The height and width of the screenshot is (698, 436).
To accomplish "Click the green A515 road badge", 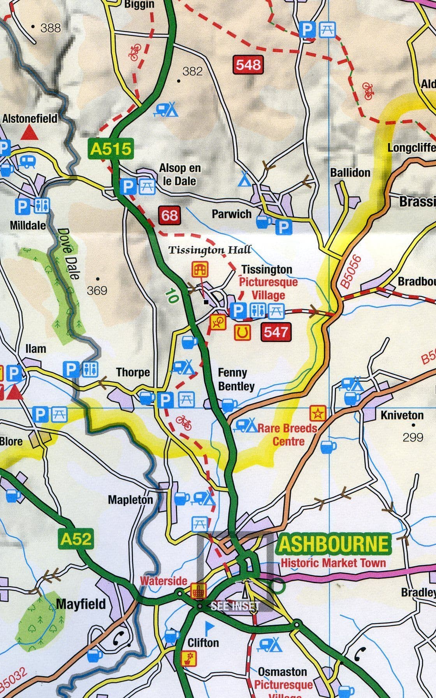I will tap(111, 148).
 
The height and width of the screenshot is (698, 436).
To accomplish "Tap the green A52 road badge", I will tap(76, 539).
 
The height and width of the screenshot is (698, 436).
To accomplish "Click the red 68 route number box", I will tap(170, 215).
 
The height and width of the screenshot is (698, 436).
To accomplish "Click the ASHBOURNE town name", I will tap(334, 544).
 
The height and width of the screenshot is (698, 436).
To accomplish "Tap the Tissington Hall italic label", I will tap(209, 250).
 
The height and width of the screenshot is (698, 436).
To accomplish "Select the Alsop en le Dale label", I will tap(179, 174).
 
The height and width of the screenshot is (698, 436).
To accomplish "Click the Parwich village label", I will tap(232, 214).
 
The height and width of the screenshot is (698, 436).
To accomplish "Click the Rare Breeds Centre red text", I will tap(288, 435).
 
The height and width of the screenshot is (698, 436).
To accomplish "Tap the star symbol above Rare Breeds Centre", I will tap(318, 413).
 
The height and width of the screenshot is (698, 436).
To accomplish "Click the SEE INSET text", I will tap(235, 606).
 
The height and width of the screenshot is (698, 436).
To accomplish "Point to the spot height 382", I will tap(193, 71).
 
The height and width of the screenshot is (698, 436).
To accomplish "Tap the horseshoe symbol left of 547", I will tap(242, 332).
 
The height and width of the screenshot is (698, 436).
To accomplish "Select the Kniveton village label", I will tap(402, 415).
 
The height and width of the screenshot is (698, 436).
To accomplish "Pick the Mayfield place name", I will tap(81, 604).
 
